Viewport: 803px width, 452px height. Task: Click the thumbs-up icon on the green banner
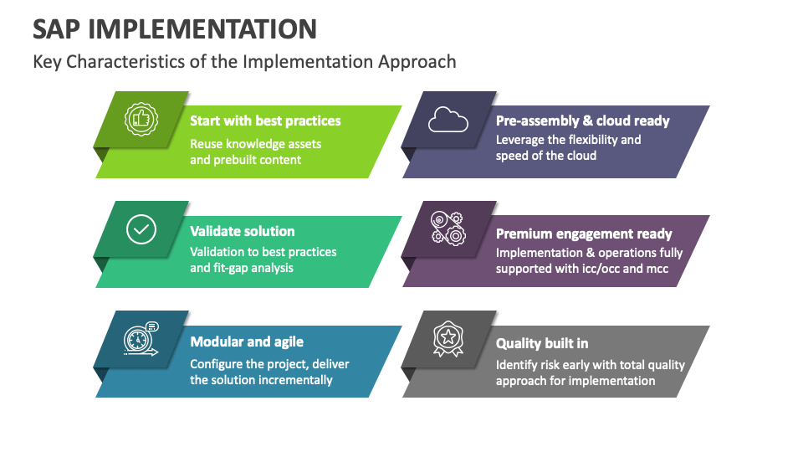point(141,119)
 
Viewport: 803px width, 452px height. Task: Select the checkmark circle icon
point(141,229)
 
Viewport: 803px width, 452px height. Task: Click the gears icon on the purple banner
point(448,228)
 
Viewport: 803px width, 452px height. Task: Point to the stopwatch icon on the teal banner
point(139,339)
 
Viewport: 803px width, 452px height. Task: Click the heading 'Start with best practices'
point(265,121)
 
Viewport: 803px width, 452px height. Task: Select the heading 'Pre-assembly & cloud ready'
point(582,121)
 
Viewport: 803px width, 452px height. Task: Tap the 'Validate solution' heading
point(242,231)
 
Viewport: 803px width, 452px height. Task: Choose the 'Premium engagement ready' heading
point(584,234)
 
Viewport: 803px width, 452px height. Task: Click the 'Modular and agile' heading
point(247,342)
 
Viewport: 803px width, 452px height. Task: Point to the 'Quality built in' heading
point(541,343)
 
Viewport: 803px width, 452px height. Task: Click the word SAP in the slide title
point(57,29)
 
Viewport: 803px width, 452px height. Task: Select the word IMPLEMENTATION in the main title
point(202,29)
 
